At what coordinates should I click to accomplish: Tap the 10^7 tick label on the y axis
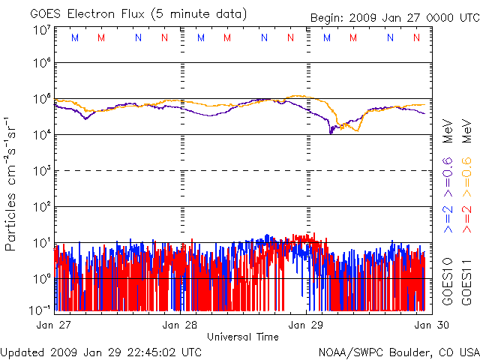click(42, 29)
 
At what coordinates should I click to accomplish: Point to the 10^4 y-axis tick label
click(42, 134)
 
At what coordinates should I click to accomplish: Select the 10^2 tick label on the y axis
click(42, 206)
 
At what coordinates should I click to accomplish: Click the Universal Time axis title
click(242, 337)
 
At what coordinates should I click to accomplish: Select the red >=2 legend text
click(466, 217)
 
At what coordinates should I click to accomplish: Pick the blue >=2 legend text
click(448, 217)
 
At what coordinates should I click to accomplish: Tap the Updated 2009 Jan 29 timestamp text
click(100, 352)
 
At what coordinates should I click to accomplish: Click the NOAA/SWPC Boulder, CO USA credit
click(398, 352)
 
